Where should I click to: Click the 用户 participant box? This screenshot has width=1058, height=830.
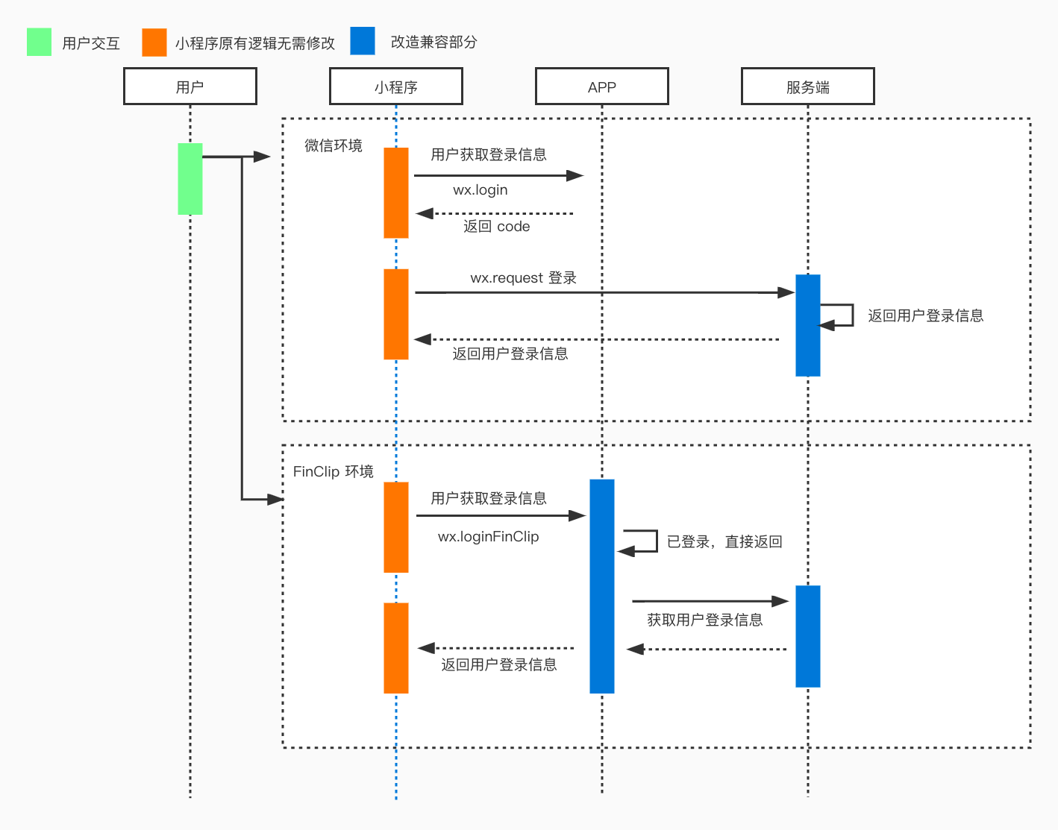click(190, 87)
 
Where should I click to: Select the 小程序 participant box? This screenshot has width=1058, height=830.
click(396, 87)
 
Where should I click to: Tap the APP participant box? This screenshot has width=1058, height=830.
click(602, 87)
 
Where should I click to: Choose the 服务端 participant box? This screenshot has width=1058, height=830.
click(808, 87)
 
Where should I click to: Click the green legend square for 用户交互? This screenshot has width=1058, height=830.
click(39, 43)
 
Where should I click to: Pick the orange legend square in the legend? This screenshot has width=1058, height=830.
click(154, 43)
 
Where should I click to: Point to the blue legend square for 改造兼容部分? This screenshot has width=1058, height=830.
click(363, 41)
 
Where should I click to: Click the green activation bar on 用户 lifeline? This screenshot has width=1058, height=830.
click(190, 179)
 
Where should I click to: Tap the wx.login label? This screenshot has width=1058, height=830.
click(480, 190)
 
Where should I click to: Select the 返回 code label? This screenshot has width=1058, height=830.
click(496, 227)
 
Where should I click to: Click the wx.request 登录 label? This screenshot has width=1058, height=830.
click(523, 278)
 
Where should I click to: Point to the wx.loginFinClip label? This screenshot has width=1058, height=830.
click(488, 537)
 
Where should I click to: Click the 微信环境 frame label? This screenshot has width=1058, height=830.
click(333, 145)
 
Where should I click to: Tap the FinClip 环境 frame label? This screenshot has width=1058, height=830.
click(333, 471)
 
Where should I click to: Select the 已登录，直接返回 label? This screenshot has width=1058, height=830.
click(724, 542)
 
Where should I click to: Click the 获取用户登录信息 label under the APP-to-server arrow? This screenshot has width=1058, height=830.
click(704, 620)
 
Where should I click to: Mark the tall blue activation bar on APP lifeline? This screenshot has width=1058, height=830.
click(602, 586)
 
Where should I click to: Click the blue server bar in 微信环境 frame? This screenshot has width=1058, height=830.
click(808, 325)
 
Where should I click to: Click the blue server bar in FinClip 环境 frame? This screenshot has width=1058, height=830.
click(808, 636)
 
